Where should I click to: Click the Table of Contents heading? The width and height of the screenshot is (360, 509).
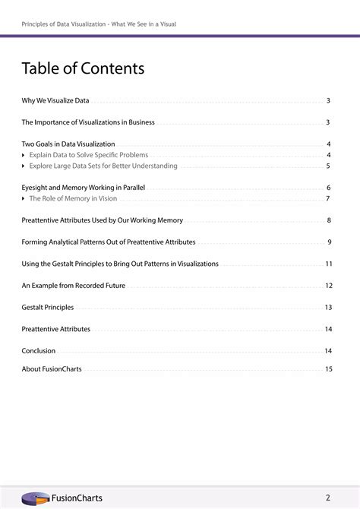(x=83, y=69)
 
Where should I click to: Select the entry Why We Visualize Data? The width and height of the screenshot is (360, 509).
(x=55, y=100)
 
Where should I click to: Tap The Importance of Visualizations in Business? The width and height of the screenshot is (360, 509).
(x=88, y=122)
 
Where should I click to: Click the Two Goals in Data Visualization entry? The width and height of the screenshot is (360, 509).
(x=68, y=144)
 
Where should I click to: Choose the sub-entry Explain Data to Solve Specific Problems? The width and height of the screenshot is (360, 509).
(x=88, y=155)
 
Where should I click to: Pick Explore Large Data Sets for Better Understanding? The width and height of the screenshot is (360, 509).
(x=103, y=166)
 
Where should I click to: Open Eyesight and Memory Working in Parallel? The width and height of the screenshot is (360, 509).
(x=84, y=187)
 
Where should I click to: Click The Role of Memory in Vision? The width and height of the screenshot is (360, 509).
(x=73, y=198)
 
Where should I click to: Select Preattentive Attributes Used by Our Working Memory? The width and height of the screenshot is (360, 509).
(x=102, y=220)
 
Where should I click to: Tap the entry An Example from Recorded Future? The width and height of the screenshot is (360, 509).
(x=74, y=286)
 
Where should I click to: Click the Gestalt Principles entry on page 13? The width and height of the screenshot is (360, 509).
(x=48, y=308)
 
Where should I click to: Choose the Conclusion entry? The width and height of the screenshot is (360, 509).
(x=39, y=351)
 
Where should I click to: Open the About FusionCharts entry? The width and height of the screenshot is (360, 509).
(x=52, y=369)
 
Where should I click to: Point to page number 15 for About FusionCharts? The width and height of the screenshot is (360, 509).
(x=329, y=369)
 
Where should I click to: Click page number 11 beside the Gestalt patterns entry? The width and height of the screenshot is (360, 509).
(x=329, y=264)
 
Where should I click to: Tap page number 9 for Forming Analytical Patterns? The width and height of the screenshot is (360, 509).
(x=330, y=242)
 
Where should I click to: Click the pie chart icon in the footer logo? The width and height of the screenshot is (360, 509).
(x=35, y=498)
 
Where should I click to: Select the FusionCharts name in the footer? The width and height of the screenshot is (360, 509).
(x=76, y=498)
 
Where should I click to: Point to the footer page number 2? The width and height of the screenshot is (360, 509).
(x=328, y=498)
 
